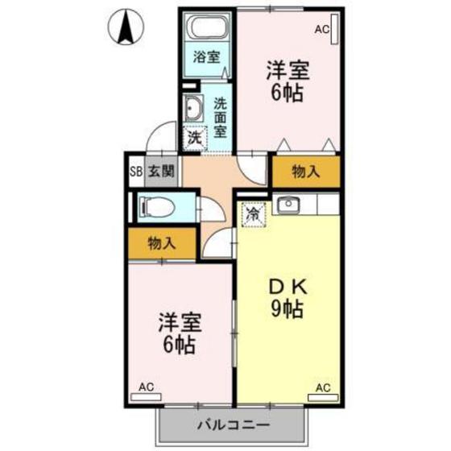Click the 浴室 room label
[x=207, y=57]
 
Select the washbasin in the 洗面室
[x=194, y=107]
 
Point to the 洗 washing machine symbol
[x=194, y=138]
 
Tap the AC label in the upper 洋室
[x=322, y=30]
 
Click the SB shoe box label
[x=135, y=171]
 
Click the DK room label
[x=286, y=286]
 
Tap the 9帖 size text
[x=286, y=308]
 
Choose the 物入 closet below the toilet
[x=163, y=243]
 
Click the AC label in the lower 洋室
[x=147, y=387]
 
